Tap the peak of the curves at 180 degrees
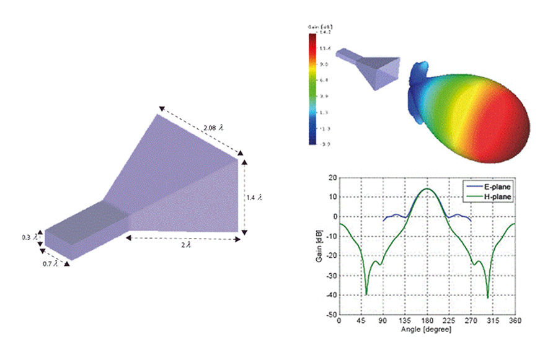point(427,189)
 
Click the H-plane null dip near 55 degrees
point(366,294)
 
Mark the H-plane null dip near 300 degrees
point(487,297)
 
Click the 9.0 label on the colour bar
point(323,64)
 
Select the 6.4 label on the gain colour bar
point(323,80)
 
